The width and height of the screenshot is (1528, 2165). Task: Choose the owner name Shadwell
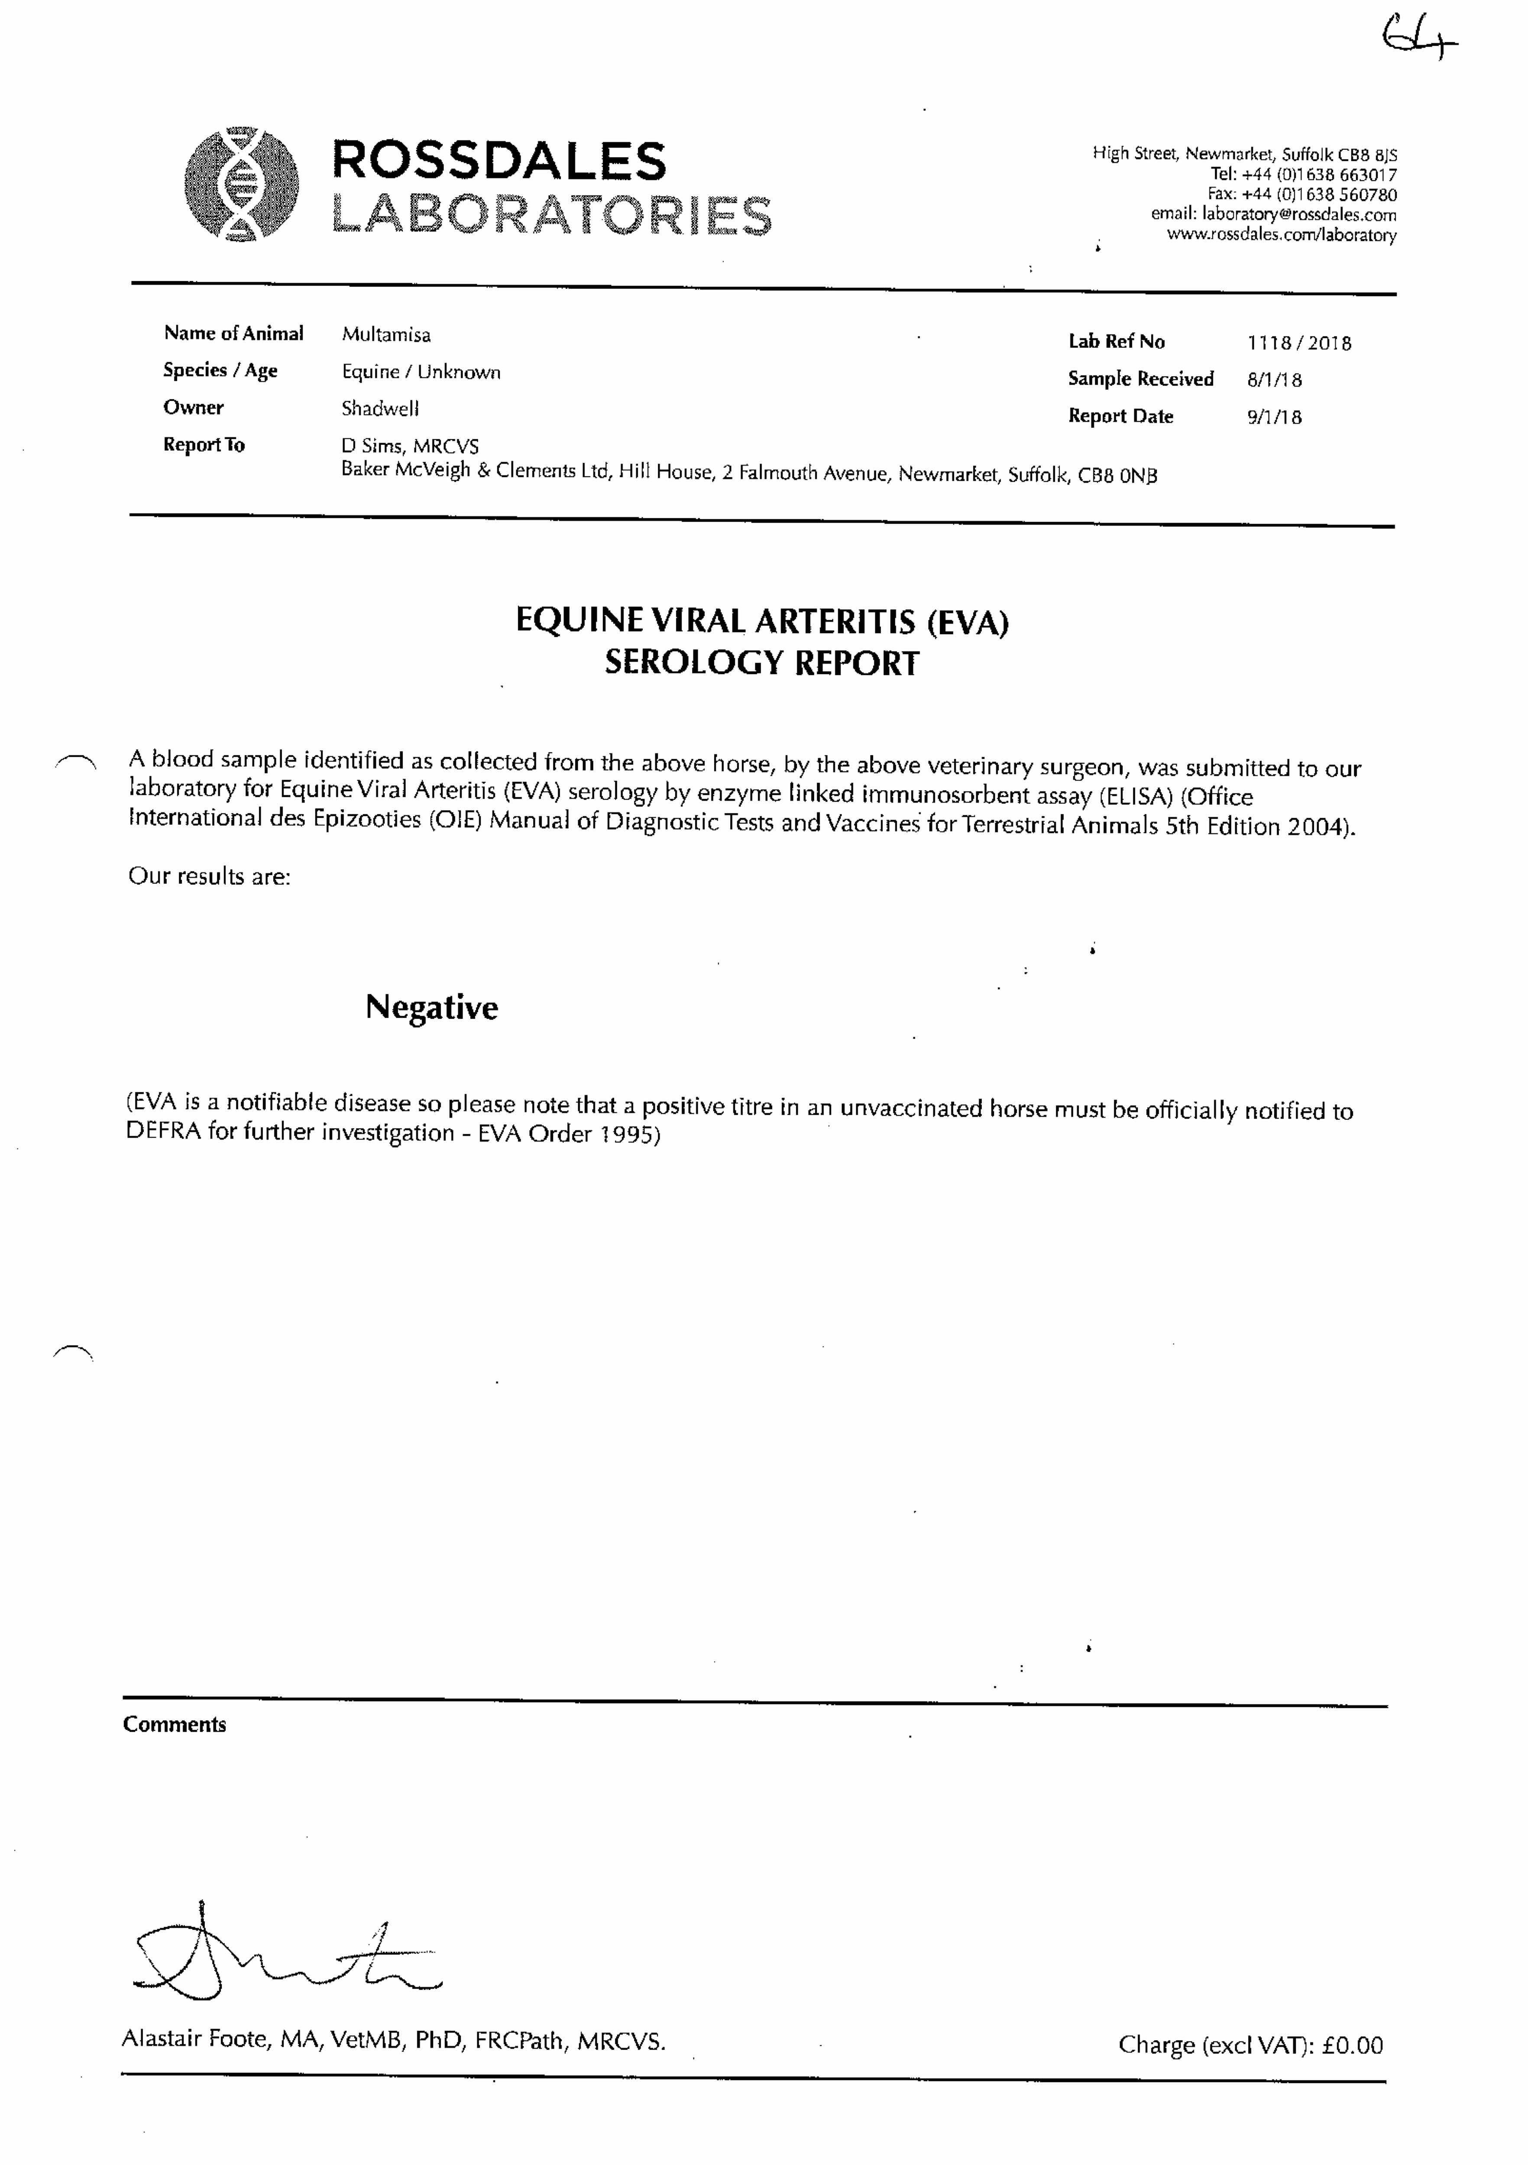(x=380, y=408)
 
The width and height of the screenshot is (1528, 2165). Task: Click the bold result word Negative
(x=431, y=1007)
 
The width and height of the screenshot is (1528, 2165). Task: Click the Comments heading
(x=175, y=1725)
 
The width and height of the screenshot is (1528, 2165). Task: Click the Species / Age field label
(x=220, y=371)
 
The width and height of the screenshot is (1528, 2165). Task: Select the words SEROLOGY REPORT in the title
(x=761, y=663)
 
